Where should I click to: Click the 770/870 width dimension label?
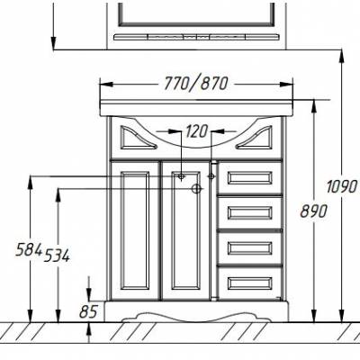[x=196, y=84]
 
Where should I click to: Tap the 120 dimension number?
[x=196, y=131]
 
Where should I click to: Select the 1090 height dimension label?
[x=342, y=187]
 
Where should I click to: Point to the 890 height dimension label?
[x=313, y=211]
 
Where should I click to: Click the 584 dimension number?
[x=29, y=249]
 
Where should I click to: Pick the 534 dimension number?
[x=57, y=256]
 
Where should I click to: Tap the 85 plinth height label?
[x=88, y=311]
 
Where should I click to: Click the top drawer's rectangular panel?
[x=250, y=178]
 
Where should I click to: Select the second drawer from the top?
[x=250, y=212]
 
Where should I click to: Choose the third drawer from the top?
[x=250, y=247]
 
